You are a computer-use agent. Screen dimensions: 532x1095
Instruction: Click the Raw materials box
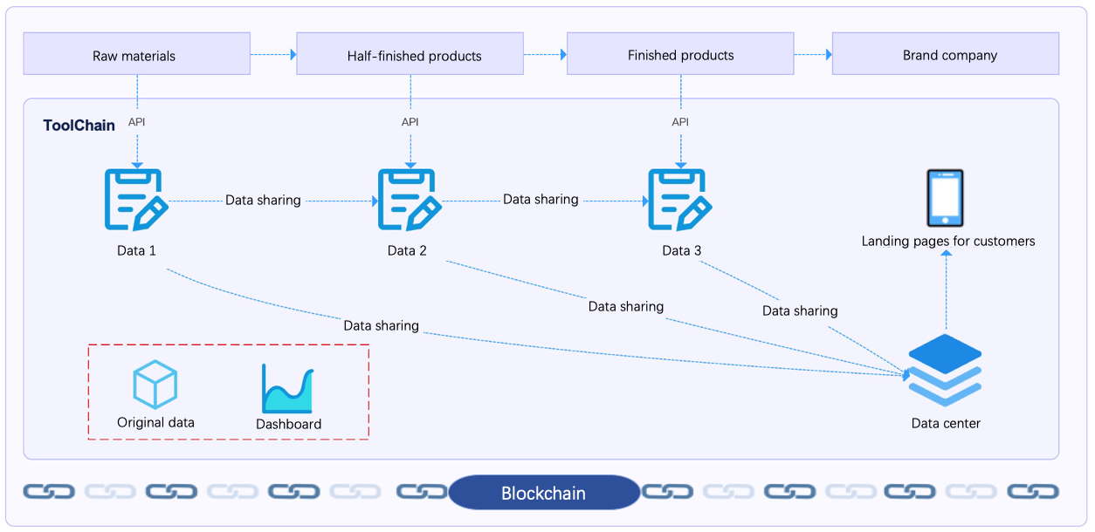[136, 54]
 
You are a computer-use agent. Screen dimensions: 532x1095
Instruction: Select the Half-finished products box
[410, 54]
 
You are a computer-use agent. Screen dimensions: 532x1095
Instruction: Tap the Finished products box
[680, 54]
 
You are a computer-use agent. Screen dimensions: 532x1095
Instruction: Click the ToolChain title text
[79, 126]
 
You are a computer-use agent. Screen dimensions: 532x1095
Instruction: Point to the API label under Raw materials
[136, 122]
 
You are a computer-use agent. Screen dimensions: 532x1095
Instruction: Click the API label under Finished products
[680, 122]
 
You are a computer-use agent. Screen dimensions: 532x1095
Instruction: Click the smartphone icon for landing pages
[945, 198]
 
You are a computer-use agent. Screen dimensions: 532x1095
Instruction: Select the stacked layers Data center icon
[945, 370]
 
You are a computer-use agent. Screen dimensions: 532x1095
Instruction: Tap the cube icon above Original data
[155, 385]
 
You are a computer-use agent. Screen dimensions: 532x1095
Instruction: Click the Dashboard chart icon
[287, 389]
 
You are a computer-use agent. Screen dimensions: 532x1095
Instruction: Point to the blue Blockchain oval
[543, 493]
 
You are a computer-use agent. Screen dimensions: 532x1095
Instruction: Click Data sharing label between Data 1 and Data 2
[263, 201]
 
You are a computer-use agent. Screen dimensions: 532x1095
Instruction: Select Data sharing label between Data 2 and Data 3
[541, 200]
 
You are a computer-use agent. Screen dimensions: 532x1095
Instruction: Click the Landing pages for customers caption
[947, 242]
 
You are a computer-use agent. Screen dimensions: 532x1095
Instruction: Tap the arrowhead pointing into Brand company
[828, 54]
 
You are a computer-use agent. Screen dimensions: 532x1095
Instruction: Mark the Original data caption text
[155, 423]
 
